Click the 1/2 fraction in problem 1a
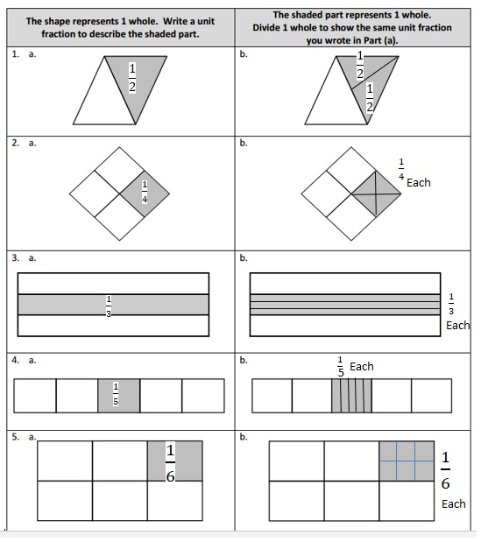[131, 78]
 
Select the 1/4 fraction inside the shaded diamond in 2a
[145, 192]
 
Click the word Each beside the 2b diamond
[418, 183]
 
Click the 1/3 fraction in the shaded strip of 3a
[109, 306]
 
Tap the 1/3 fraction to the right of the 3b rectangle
[452, 302]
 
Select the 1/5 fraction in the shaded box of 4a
[115, 395]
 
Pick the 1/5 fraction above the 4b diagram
[341, 367]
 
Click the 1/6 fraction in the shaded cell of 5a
[171, 462]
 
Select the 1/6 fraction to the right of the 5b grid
[446, 471]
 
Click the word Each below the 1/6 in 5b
[453, 504]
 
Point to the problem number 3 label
[16, 257]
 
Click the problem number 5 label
[16, 435]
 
